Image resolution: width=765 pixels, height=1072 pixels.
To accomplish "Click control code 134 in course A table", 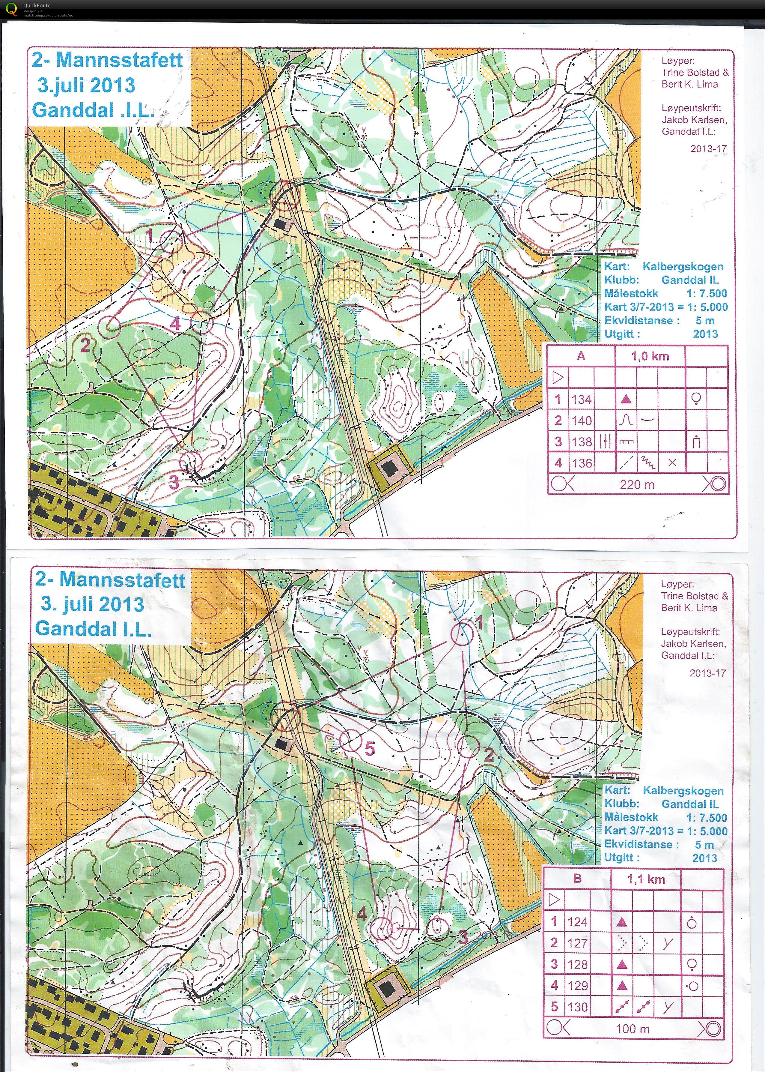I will tap(581, 399).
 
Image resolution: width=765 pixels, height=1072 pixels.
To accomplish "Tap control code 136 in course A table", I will tap(581, 463).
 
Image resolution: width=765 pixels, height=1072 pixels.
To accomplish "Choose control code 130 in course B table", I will tap(578, 1007).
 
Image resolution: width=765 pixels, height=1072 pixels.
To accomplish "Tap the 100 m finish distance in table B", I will tap(632, 1029).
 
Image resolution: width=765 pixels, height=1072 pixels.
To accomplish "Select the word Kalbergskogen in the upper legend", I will tap(683, 266).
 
